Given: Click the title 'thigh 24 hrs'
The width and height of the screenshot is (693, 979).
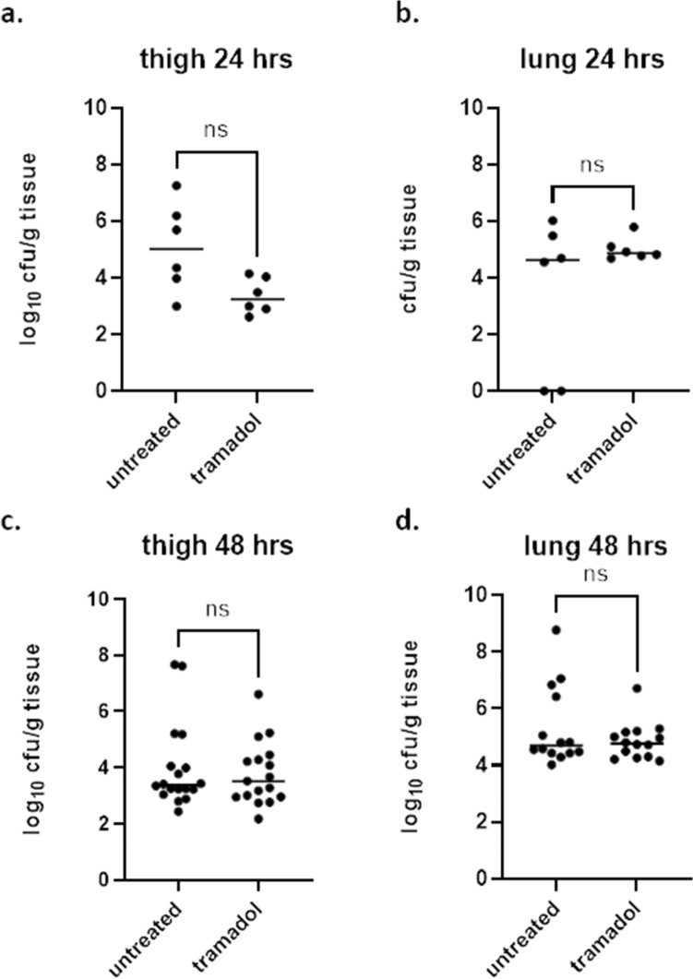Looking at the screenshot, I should coord(216,62).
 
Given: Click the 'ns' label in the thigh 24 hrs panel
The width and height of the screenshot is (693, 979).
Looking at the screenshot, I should coord(216,132).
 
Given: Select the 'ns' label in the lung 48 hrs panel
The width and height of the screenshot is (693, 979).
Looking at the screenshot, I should coord(596,576).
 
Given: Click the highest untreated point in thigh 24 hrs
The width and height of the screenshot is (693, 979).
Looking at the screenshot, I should coord(175,185).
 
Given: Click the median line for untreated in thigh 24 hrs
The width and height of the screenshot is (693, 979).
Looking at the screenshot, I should coord(175,248).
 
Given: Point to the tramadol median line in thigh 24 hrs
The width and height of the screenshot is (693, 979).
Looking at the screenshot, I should coord(257,299).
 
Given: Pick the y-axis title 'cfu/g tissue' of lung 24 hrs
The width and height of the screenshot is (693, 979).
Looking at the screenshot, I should coord(418,249).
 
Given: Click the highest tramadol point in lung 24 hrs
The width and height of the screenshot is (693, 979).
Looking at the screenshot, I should coord(634,227).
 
